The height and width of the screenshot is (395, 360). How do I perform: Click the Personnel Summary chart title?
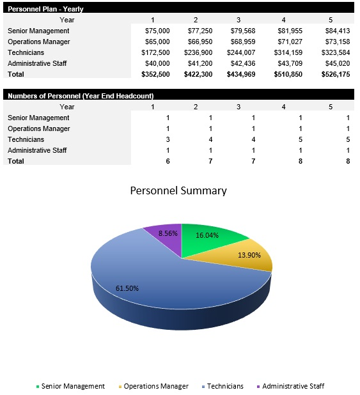[x=178, y=190]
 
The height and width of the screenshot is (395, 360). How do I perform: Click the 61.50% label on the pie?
[x=127, y=288]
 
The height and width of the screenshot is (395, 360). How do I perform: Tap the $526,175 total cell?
[x=335, y=74]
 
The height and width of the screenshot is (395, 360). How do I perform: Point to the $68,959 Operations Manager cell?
[x=241, y=42]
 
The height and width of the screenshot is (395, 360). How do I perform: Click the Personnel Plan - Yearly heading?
[x=45, y=9]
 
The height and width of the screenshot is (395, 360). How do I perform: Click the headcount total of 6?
[x=168, y=161]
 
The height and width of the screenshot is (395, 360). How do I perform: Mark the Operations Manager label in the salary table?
[x=38, y=42]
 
